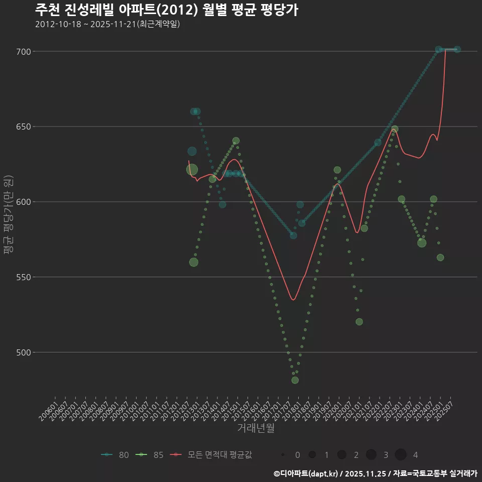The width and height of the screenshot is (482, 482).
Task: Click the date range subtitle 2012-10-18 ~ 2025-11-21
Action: coord(107,25)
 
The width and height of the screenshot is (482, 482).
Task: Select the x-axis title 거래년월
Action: coord(256,428)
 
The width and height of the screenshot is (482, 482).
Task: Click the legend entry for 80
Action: coord(115,455)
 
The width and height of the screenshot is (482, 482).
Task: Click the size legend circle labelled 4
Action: coord(400,455)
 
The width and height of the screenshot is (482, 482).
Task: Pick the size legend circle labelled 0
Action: coord(283,455)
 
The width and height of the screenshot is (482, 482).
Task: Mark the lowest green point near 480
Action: coord(295,380)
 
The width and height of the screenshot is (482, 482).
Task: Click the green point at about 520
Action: coord(359,321)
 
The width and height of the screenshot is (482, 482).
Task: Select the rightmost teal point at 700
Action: coord(457,50)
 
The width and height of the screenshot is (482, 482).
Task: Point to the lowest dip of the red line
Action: coord(293,300)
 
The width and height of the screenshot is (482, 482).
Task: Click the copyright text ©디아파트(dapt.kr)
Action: coord(306,473)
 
